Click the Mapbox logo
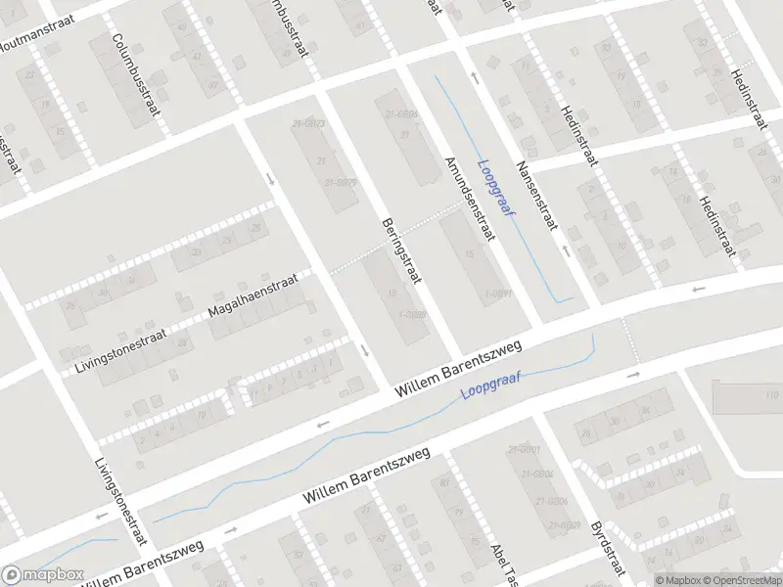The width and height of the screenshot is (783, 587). (x=41, y=574)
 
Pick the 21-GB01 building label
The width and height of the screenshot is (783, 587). (x=525, y=449)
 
